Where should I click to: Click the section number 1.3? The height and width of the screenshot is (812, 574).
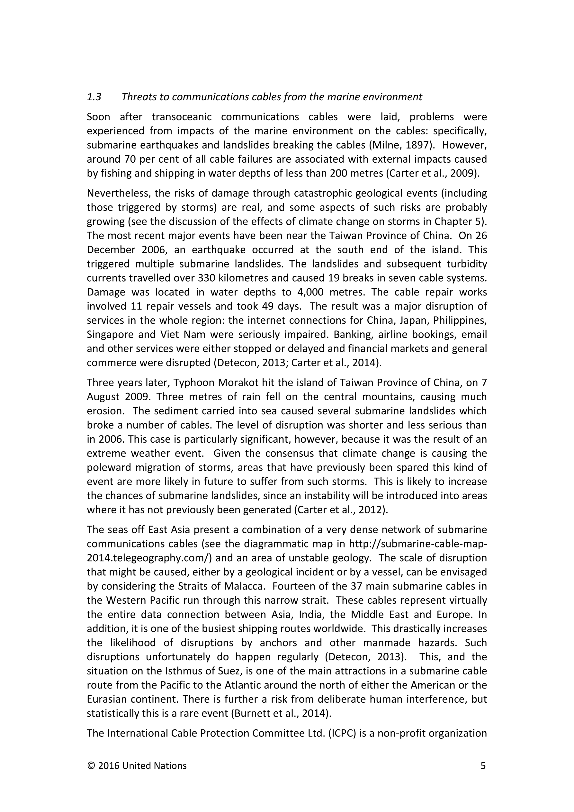point(94,97)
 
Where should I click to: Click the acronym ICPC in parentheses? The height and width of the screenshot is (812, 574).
point(342,734)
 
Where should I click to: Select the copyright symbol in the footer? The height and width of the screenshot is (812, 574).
point(91,766)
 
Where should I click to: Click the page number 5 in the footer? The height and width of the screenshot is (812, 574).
point(483,766)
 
